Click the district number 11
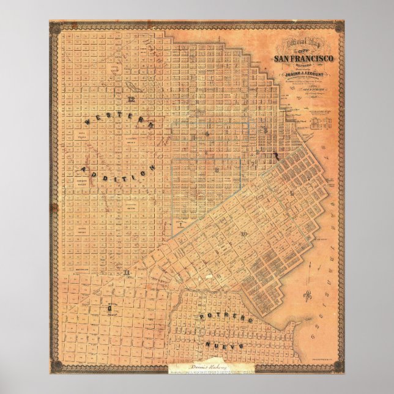click(126, 272)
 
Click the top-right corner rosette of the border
click(338, 26)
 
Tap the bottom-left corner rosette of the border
click(55, 366)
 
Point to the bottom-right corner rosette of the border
click(338, 366)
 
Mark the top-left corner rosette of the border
click(55, 26)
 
